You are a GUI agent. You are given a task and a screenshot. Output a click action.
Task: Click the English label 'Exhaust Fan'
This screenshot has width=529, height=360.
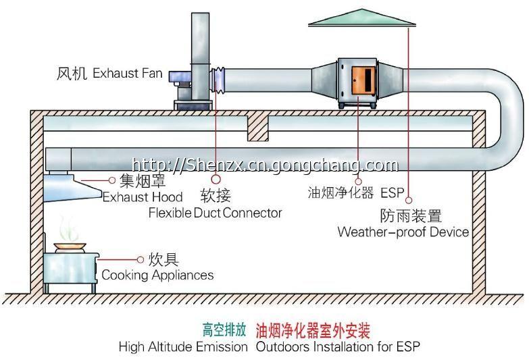click(x=127, y=72)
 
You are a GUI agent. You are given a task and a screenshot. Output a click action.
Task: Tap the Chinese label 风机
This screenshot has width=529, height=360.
click(x=72, y=72)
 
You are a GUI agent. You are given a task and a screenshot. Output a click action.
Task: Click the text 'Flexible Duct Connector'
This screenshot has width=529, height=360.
click(x=215, y=213)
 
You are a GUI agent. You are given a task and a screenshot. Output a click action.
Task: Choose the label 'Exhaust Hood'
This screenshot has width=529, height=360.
click(x=143, y=197)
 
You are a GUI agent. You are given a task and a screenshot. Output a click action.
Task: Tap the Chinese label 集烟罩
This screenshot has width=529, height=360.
click(x=143, y=181)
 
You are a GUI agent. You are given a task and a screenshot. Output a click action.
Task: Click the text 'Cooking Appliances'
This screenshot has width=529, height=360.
click(x=157, y=275)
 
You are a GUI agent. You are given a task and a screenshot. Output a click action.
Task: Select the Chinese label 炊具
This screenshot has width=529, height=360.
click(x=163, y=259)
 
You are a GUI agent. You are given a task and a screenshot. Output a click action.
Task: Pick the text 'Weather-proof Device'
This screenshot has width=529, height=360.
click(x=403, y=232)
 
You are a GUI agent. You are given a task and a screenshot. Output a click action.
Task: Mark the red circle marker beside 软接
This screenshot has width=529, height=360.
click(x=216, y=180)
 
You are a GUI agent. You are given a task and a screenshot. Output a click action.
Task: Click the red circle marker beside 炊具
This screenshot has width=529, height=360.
click(x=141, y=259)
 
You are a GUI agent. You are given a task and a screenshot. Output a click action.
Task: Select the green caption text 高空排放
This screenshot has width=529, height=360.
click(x=224, y=330)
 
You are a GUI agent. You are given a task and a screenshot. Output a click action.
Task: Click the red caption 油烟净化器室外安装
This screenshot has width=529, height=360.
click(x=313, y=330)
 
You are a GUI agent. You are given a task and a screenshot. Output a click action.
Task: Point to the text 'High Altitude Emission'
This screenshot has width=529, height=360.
click(x=183, y=347)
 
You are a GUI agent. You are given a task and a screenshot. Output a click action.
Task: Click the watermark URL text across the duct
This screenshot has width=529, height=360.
click(x=265, y=164)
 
